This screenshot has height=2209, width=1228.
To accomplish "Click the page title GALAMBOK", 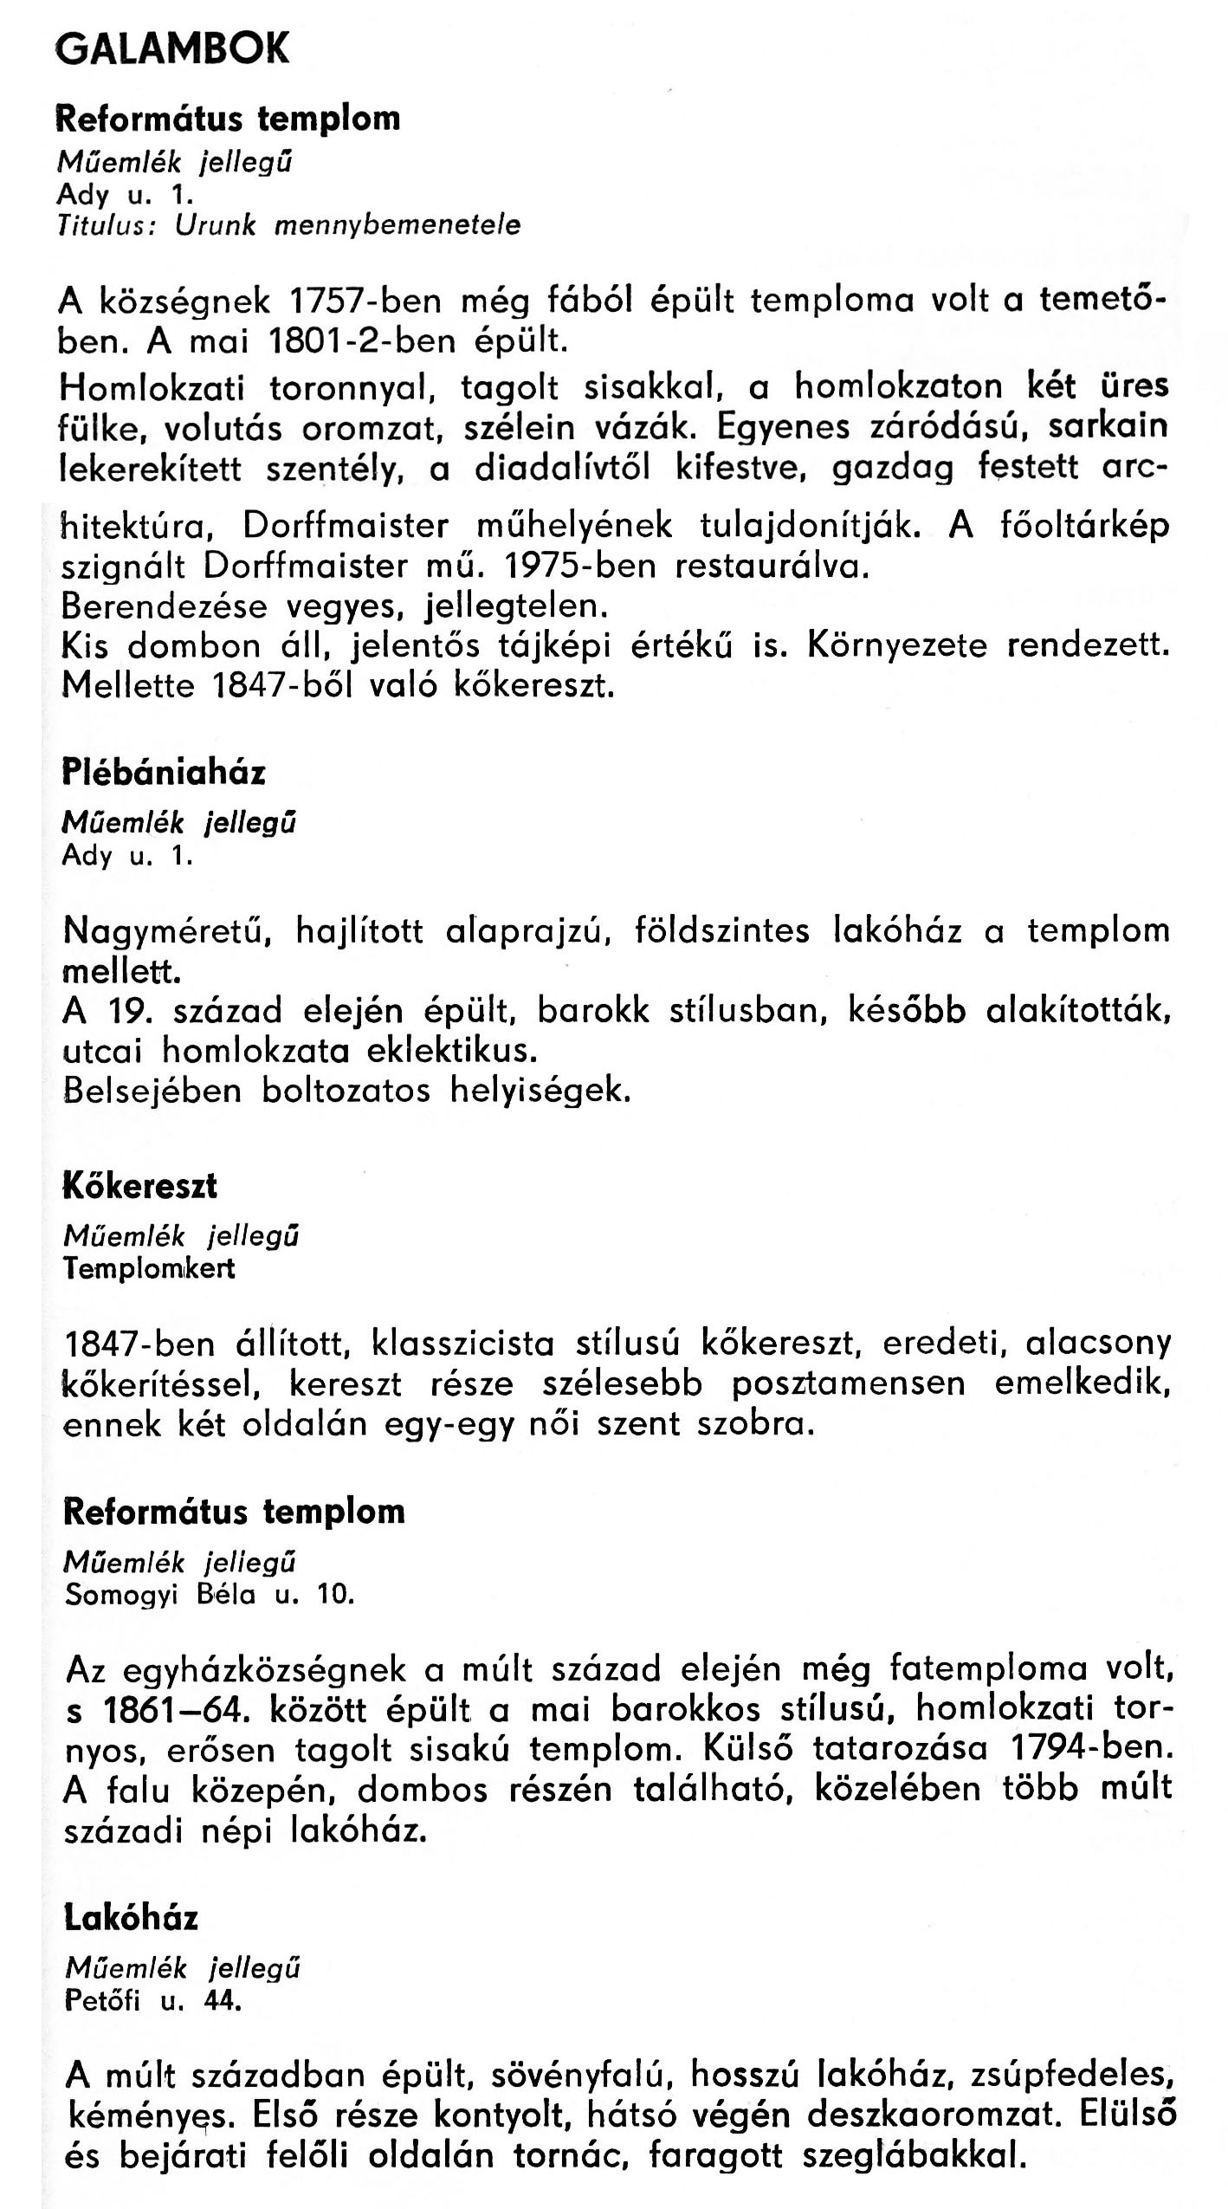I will coord(171,50).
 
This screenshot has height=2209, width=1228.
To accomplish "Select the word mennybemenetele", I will coord(397,226).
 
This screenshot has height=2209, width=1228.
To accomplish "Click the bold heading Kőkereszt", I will coord(140,1186).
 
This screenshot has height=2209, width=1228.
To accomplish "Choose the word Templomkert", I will coord(149,1269).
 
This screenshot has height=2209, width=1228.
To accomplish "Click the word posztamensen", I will coord(848,1383).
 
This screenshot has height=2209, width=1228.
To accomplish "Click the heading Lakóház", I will coord(132,1920).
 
